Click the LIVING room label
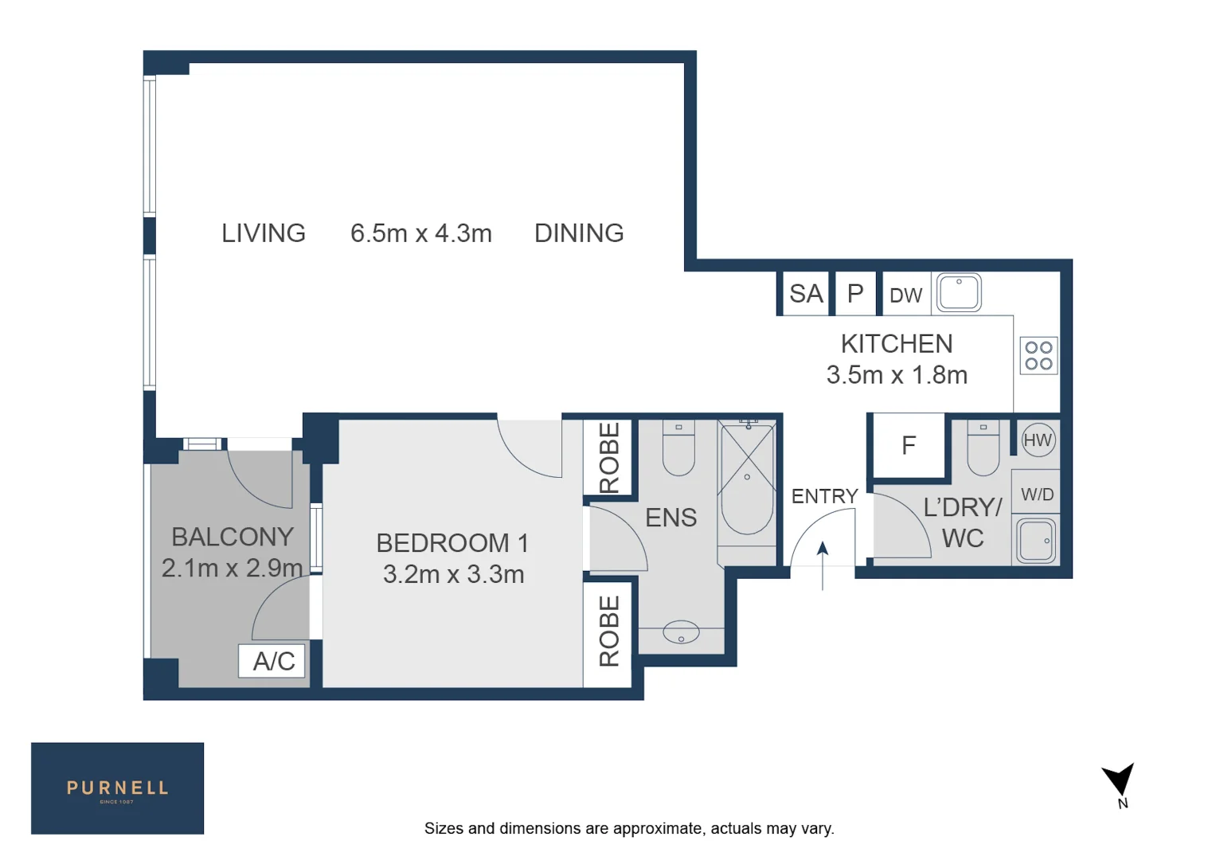[x=263, y=233]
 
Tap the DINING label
[x=579, y=233]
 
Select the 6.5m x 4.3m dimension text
[x=420, y=233]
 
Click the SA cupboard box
[x=805, y=294]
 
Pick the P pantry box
[x=855, y=294]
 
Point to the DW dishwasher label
[x=905, y=295]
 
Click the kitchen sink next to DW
[x=959, y=292]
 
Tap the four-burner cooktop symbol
[x=1038, y=355]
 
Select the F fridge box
[x=909, y=445]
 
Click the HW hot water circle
[x=1037, y=440]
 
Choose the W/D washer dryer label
[x=1037, y=494]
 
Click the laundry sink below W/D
[x=1036, y=540]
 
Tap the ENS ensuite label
[x=671, y=518]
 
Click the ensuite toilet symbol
[x=678, y=448]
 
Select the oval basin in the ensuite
[x=681, y=633]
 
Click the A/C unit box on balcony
[x=272, y=661]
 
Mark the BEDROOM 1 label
[x=452, y=543]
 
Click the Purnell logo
[x=117, y=788]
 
